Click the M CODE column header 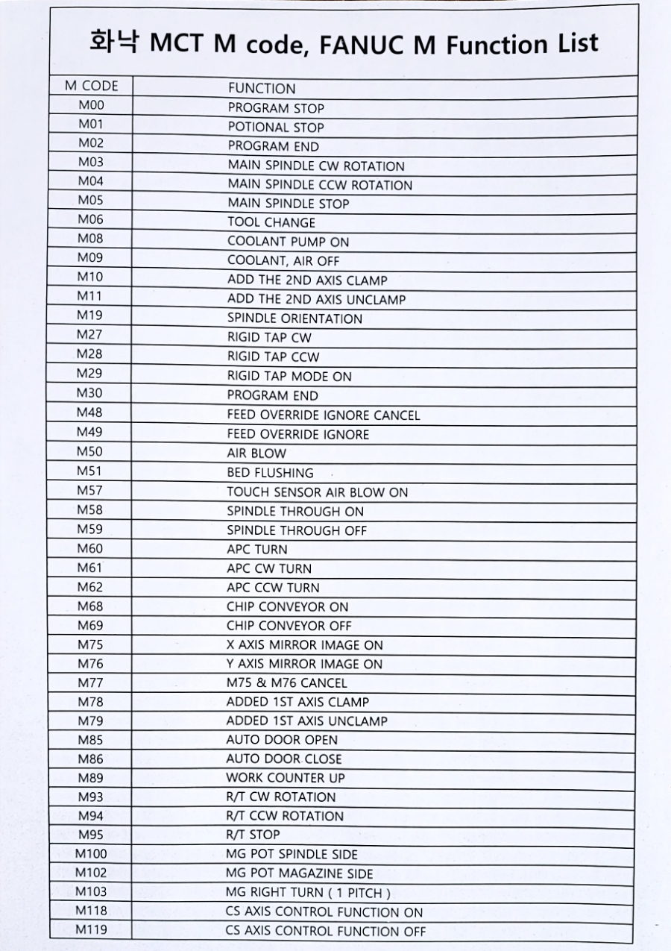(x=91, y=87)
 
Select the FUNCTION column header (x=261, y=88)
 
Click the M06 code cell (x=91, y=220)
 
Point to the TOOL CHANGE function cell (x=271, y=222)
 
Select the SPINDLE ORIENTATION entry (x=294, y=318)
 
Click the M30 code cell (x=91, y=393)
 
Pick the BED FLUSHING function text (x=270, y=473)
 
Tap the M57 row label (x=91, y=491)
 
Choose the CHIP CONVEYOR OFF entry (x=289, y=626)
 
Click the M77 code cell (x=91, y=682)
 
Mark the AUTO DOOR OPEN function (x=282, y=740)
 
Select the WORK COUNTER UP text (x=286, y=778)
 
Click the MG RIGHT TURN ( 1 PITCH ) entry (x=308, y=893)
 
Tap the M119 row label (x=91, y=930)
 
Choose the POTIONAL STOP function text (x=276, y=128)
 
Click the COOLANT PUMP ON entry (x=288, y=242)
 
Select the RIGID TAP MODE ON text (x=289, y=377)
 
